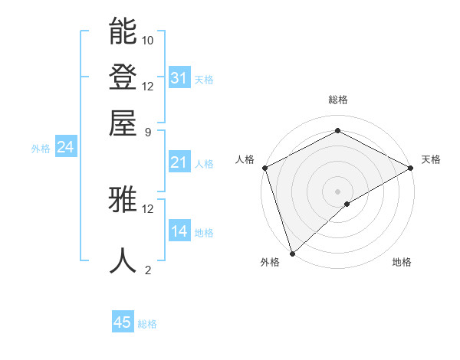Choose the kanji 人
tap(123, 260)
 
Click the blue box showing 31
tap(179, 77)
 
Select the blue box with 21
tap(179, 162)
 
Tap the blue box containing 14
tap(179, 231)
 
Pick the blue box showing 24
tap(65, 148)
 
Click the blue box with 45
tap(123, 322)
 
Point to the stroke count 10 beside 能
tap(148, 40)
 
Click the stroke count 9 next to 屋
tap(147, 131)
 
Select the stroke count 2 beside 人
tap(147, 270)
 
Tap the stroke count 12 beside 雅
tap(148, 208)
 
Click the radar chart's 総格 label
tap(337, 100)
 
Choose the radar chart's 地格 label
tap(402, 262)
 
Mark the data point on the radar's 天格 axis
tap(411, 169)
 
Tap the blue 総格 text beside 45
tap(147, 324)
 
